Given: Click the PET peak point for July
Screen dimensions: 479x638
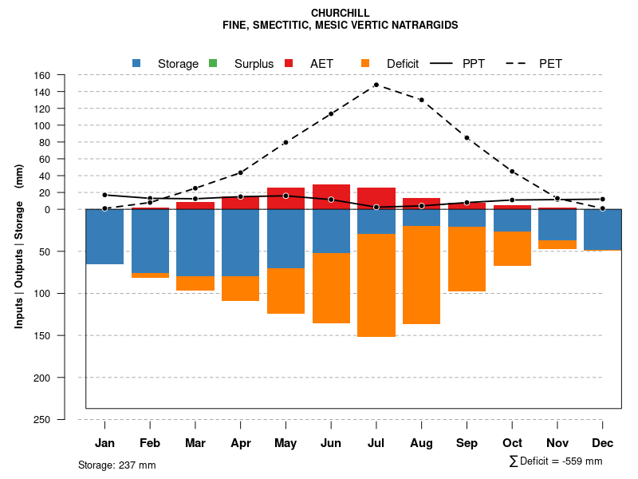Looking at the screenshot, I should (376, 85).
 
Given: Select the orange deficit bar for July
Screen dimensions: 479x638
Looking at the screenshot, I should (376, 285).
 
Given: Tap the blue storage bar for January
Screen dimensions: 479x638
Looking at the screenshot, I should (104, 236).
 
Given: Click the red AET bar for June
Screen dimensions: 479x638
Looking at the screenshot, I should (331, 196).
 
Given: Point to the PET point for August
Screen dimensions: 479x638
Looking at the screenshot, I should (421, 100).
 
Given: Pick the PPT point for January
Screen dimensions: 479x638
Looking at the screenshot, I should (104, 195).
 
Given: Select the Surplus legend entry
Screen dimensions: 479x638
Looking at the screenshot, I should (243, 63).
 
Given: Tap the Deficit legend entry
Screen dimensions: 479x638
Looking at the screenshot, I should (391, 63).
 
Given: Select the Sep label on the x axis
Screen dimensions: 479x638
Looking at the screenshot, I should (467, 443).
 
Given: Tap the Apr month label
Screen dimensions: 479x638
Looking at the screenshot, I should (240, 443).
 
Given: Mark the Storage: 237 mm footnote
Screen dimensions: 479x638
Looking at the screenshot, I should (116, 465).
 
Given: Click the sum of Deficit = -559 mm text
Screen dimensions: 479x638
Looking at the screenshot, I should (556, 461).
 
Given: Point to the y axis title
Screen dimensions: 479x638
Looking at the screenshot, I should (19, 247).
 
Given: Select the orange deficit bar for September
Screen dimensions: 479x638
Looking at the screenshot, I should (467, 259).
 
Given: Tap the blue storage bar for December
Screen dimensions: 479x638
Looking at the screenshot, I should (602, 230).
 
